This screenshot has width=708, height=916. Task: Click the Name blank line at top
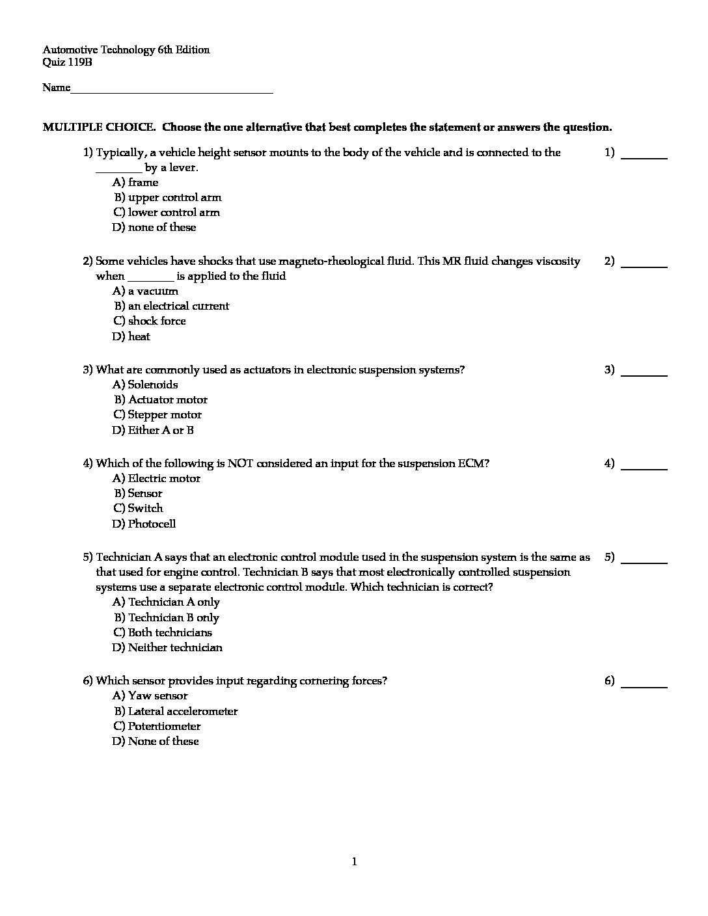pyautogui.click(x=172, y=89)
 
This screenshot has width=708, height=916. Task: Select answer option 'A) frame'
pyautogui.click(x=135, y=183)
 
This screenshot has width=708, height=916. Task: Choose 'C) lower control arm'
pyautogui.click(x=167, y=213)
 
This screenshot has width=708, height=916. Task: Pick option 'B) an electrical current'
pyautogui.click(x=172, y=306)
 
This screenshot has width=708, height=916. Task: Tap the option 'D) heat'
pyautogui.click(x=131, y=337)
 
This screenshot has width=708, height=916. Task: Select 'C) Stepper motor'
pyautogui.click(x=157, y=415)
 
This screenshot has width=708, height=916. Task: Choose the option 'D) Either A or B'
pyautogui.click(x=153, y=431)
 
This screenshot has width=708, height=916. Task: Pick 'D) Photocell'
pyautogui.click(x=144, y=524)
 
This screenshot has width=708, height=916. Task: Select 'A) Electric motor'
pyautogui.click(x=157, y=479)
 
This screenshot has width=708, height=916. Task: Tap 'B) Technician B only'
pyautogui.click(x=167, y=618)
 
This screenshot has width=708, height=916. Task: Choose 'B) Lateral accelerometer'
pyautogui.click(x=176, y=712)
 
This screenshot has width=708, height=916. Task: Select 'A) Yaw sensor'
pyautogui.click(x=150, y=696)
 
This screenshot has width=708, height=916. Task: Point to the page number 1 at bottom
pyautogui.click(x=354, y=863)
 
